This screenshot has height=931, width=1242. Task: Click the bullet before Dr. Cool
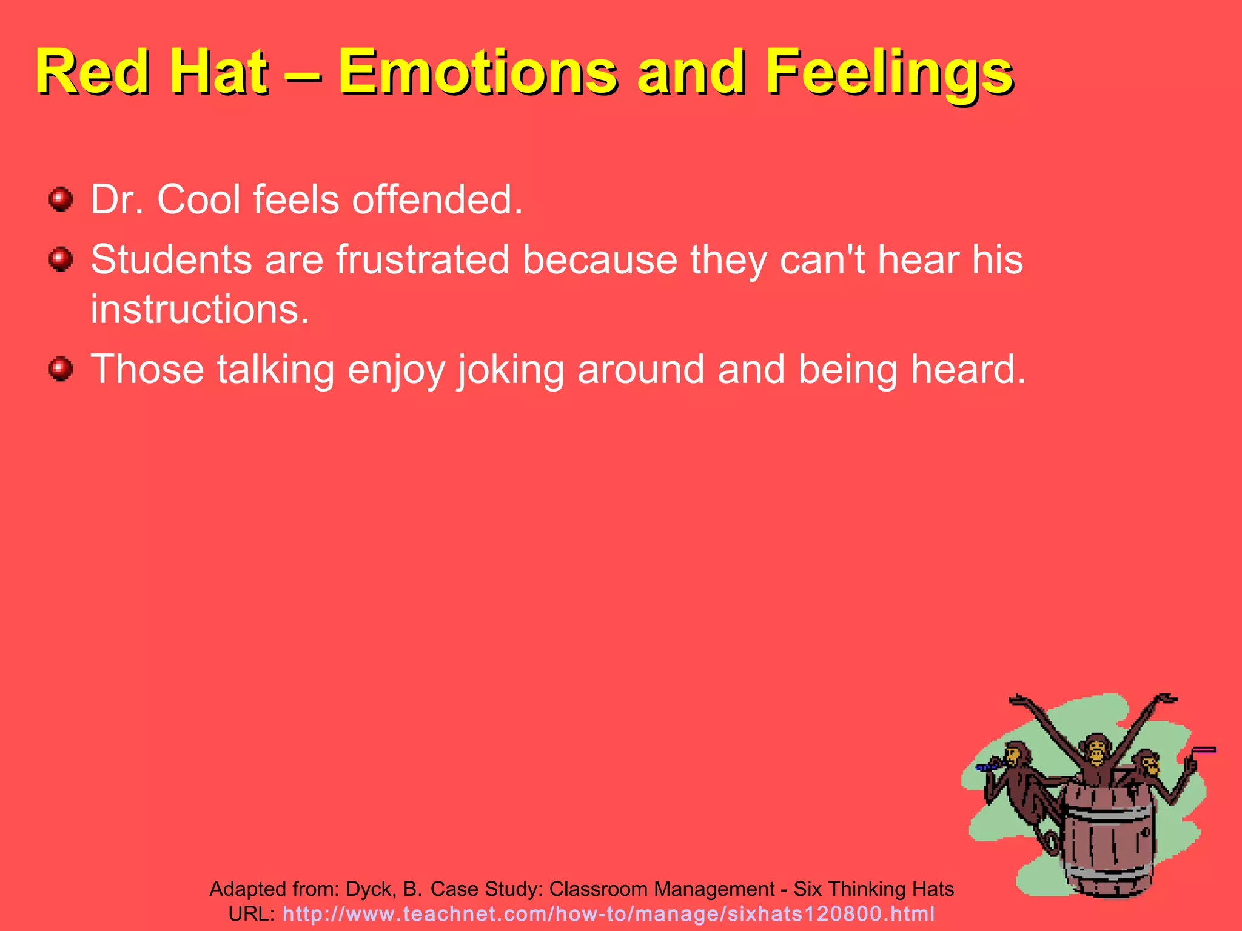coord(61,199)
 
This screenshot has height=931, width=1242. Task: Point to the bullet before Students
coord(61,259)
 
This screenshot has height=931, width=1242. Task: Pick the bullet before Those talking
coord(61,369)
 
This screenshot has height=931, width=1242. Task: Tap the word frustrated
coord(423,259)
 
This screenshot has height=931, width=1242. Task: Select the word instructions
coord(200,309)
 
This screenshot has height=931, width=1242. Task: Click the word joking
coord(511,370)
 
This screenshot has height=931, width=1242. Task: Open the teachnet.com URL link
coord(608,913)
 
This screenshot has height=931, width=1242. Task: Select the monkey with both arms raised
coord(1095,758)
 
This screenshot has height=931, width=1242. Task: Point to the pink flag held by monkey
coord(1204,750)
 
